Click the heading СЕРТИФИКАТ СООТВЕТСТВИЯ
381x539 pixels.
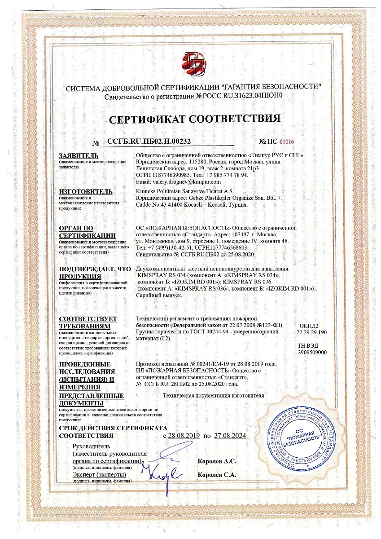pyautogui.click(x=195, y=119)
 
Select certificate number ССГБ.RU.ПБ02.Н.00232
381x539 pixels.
pyautogui.click(x=150, y=141)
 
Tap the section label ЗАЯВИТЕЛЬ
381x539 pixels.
pyautogui.click(x=75, y=155)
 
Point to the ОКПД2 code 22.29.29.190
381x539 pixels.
pyautogui.click(x=312, y=332)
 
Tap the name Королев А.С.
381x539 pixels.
pyautogui.click(x=217, y=461)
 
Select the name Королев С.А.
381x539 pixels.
pyautogui.click(x=217, y=474)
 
